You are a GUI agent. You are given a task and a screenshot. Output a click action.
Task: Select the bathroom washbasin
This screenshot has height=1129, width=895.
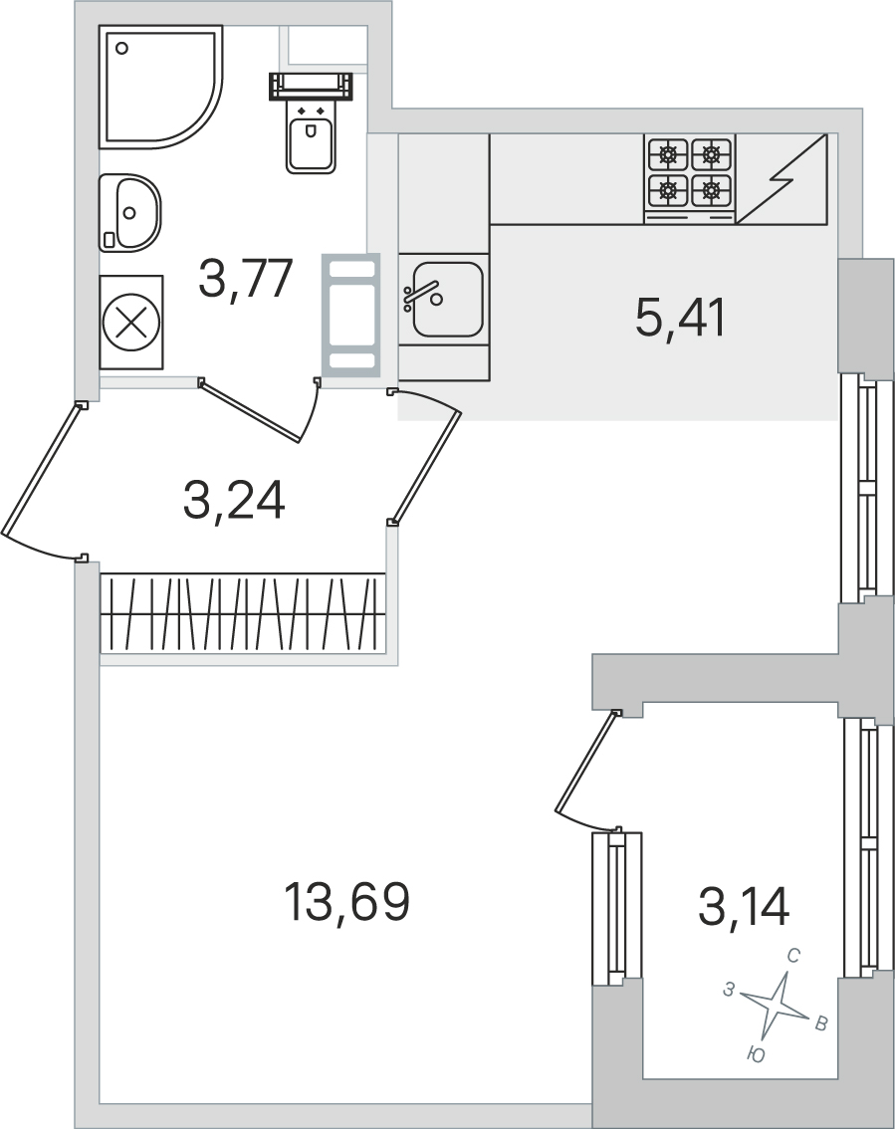click(129, 212)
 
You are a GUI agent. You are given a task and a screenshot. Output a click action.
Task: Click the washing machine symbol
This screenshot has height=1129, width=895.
click(131, 323)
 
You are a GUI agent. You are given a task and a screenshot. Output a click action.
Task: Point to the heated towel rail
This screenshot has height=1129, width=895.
click(350, 315)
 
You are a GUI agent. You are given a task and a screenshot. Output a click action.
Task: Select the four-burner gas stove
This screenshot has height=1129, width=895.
click(690, 178)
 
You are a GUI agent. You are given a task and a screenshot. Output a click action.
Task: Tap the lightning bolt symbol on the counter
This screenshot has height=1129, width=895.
click(783, 179)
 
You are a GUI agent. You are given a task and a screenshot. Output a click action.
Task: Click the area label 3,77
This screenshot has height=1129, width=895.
click(246, 279)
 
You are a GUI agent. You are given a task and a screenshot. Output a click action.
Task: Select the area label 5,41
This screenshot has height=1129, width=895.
click(680, 319)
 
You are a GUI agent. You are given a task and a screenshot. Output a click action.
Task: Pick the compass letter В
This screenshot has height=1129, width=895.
click(820, 1024)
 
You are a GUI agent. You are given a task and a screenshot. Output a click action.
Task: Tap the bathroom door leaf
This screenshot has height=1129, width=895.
click(250, 410)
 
